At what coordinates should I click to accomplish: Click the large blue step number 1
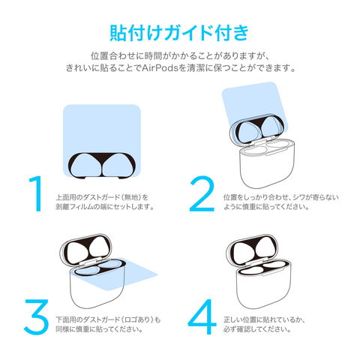(x=37, y=193)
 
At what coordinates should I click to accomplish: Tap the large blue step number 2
(x=202, y=193)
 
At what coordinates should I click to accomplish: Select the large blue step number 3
(x=37, y=317)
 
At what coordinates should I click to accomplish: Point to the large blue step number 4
(x=202, y=317)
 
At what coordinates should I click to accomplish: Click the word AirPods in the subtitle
(x=160, y=68)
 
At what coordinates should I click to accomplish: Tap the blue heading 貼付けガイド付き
(x=179, y=33)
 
